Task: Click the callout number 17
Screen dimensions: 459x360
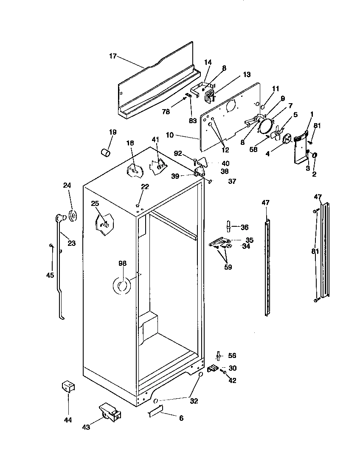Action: coord(112,56)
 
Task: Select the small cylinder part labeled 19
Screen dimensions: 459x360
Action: coord(106,151)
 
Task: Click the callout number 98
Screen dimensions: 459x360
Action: coord(123,264)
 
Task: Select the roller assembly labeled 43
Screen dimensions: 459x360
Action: coord(110,413)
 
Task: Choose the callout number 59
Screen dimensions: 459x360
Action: coord(228,268)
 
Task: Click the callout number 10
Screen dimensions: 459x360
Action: coord(170,135)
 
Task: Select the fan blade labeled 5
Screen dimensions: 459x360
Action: coord(277,133)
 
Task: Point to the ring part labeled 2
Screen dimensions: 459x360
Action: coord(315,156)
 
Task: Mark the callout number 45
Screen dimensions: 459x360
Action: coord(50,275)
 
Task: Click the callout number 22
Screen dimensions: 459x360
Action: coord(145,187)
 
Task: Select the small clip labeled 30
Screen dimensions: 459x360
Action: coord(212,369)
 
